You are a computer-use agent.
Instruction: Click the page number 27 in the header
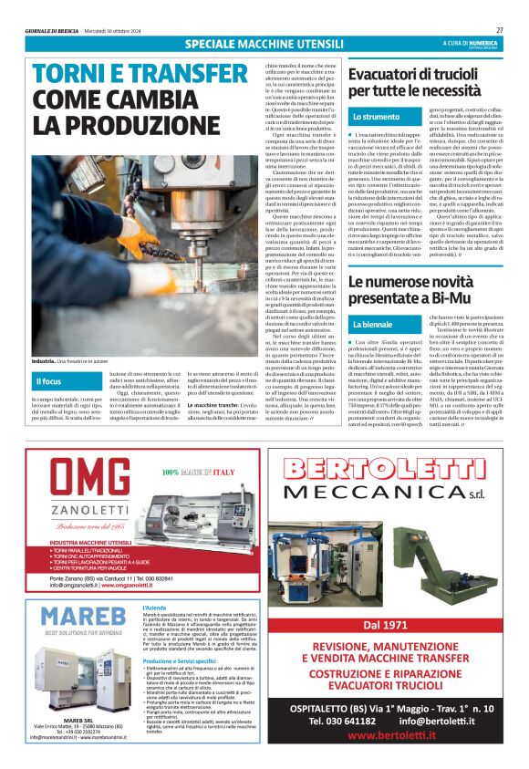499,29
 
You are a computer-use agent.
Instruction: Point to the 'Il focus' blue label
49,381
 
